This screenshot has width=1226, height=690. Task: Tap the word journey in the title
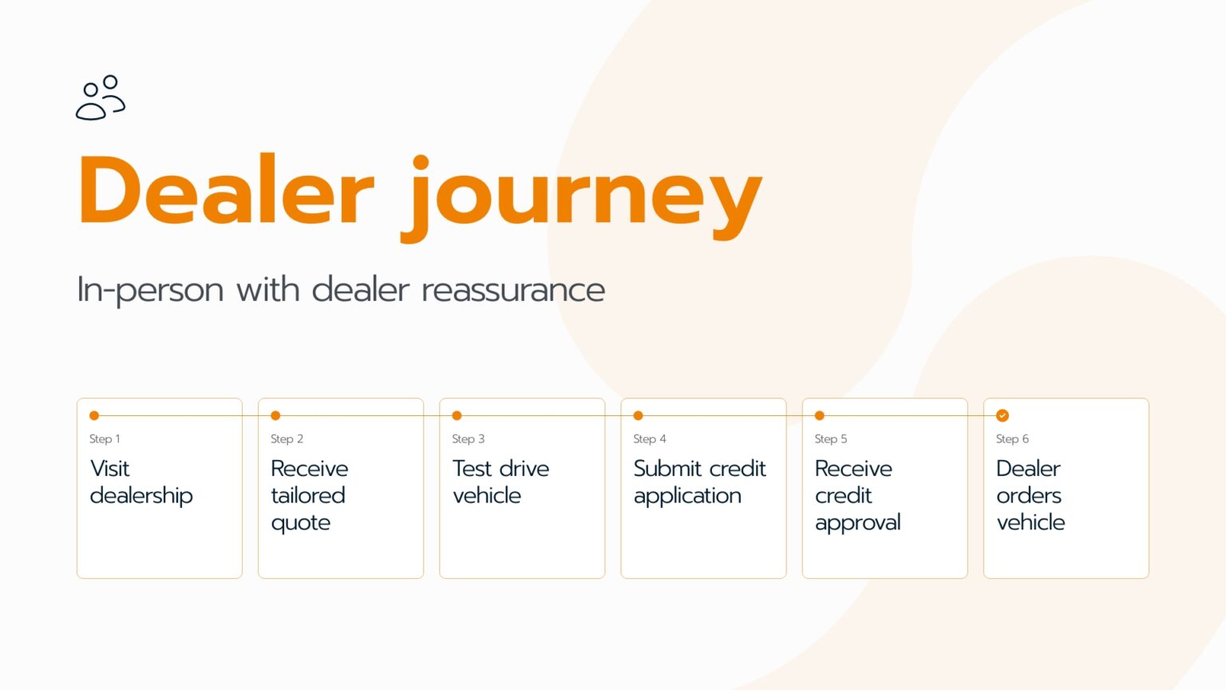(581, 198)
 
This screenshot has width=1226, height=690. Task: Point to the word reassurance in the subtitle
(513, 290)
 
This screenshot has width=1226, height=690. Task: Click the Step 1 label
(105, 438)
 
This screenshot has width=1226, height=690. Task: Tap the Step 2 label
(287, 438)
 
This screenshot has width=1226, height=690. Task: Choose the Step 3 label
(468, 438)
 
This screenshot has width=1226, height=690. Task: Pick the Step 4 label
(650, 438)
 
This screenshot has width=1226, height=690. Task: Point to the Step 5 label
(831, 438)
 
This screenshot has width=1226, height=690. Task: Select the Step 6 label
(1012, 438)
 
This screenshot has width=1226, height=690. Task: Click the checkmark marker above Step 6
(1003, 415)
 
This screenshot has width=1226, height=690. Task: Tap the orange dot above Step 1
(94, 415)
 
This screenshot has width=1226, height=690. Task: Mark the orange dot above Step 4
(639, 415)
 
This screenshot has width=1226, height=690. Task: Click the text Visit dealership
(141, 482)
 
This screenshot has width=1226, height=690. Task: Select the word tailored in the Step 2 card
(307, 496)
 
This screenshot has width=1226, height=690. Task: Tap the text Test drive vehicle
(500, 482)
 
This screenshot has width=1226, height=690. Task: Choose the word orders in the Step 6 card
(1029, 496)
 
